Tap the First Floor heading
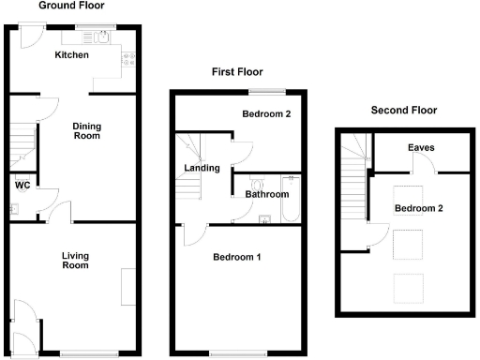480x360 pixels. (x=236, y=72)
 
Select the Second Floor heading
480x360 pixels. (x=404, y=110)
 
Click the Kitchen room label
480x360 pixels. (x=71, y=55)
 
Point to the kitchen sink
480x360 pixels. (x=97, y=37)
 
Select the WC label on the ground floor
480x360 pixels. (x=22, y=186)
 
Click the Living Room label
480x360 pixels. (x=75, y=260)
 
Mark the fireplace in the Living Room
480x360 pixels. (x=127, y=287)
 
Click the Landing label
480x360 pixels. (x=202, y=169)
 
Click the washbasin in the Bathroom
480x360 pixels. (x=265, y=221)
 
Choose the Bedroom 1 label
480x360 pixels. (x=236, y=258)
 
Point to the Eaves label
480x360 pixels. (x=419, y=148)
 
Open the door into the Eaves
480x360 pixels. (x=421, y=166)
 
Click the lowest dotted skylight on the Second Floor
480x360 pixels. (x=407, y=285)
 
